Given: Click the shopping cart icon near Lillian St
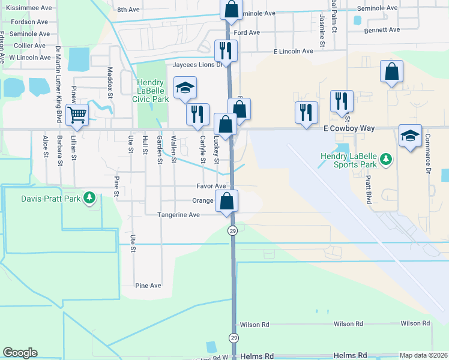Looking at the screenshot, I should coord(77,114).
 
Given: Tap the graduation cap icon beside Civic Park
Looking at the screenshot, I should coord(185,89).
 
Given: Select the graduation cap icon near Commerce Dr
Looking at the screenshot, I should coord(410,136).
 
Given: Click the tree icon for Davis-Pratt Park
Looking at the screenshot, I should coord(89,197).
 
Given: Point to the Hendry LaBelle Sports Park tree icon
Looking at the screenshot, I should coord(387,159).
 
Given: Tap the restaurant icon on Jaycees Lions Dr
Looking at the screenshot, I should coord(226,50).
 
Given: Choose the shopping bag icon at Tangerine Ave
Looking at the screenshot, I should coord(227,201).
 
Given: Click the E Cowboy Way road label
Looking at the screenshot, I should coord(353,128).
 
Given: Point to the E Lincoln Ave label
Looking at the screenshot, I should coord(294,52).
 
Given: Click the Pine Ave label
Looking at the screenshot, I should coord(148,286).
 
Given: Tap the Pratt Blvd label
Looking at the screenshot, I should coord(368,190).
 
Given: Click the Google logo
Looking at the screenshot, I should coord(20,353).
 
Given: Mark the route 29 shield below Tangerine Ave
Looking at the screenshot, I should coord(232,230).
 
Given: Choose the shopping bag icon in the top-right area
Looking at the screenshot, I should coord(391,72).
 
